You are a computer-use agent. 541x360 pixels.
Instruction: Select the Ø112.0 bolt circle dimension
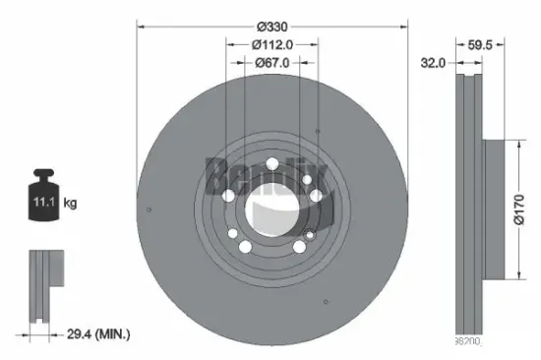click(x=272, y=44)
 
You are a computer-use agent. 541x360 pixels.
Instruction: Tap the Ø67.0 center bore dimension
click(x=272, y=63)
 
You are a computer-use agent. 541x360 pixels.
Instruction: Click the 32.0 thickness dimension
click(x=434, y=62)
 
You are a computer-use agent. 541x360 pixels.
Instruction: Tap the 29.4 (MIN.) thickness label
click(x=99, y=335)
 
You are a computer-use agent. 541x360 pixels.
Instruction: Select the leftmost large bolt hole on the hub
click(x=229, y=197)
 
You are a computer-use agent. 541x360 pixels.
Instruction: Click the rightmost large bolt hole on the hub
click(x=316, y=196)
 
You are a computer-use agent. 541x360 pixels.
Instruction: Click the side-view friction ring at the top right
click(x=468, y=98)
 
